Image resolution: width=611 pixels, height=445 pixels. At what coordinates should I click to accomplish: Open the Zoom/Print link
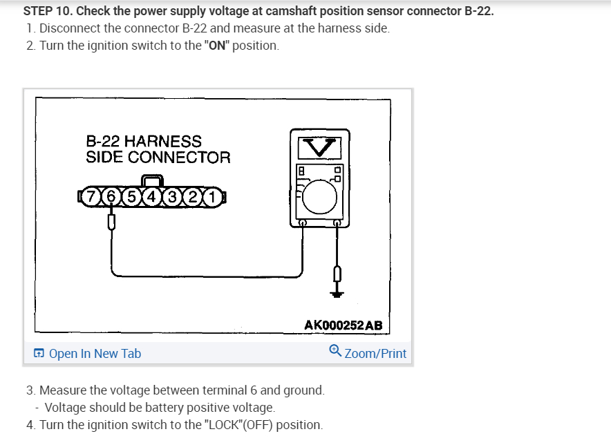coord(375,354)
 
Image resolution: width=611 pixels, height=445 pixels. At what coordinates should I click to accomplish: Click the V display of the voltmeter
coord(318,146)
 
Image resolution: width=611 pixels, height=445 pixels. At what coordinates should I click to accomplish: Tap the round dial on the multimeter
coord(319,196)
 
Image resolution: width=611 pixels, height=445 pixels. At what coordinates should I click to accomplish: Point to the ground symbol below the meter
coord(337,294)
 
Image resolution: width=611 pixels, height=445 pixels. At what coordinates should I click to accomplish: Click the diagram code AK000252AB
coord(344,325)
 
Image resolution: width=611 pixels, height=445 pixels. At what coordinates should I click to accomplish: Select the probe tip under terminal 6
coord(111,222)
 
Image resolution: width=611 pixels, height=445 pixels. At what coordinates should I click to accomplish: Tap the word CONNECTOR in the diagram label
coord(179,157)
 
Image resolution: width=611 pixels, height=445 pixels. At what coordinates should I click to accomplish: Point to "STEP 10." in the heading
coord(46,12)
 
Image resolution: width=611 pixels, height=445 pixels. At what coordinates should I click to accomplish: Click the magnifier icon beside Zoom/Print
coord(335,351)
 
